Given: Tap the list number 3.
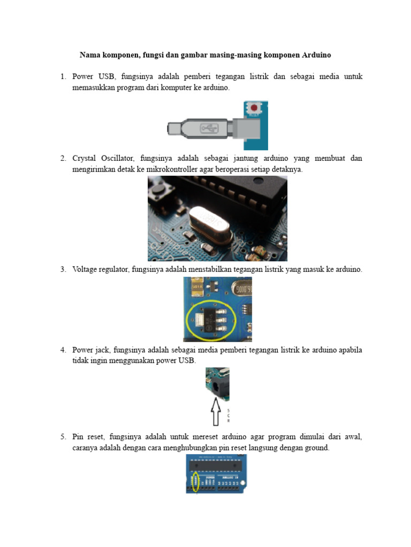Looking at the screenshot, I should tap(63, 269).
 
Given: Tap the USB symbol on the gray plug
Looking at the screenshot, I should tap(208, 128).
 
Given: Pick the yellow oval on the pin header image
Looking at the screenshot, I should tap(195, 481).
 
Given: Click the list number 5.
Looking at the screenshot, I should tap(63, 436).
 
